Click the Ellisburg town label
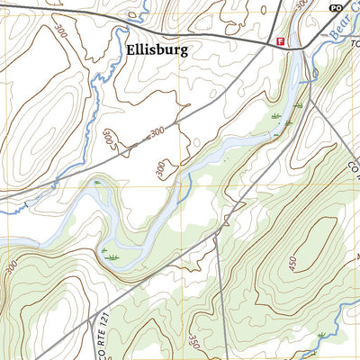coord(157,50)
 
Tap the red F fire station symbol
coord(281,42)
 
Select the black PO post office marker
coord(336,7)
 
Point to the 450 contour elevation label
coord(293,262)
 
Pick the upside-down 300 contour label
coord(108,140)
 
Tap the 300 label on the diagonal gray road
coord(157,132)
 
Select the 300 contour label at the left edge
coord(11,267)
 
